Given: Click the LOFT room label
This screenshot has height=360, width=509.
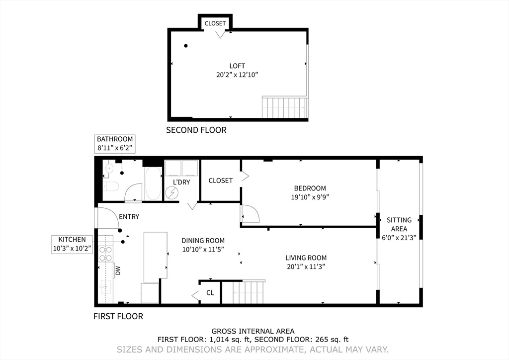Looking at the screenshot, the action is click(237, 66).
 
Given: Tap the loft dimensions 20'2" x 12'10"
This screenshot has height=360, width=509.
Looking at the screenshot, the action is click(237, 75).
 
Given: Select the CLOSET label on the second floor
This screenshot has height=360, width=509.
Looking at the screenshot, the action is click(215, 23).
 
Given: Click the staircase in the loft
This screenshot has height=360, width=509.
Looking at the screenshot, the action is click(284, 107).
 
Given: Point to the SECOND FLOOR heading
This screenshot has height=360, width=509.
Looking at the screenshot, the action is click(196, 130).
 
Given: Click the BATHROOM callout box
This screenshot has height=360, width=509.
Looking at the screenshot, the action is click(115, 144).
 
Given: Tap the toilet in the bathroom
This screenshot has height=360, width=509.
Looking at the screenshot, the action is click(111, 186).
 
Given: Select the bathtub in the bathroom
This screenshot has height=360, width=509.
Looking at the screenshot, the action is click(153, 184).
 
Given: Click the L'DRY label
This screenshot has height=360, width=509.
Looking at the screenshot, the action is click(181, 182).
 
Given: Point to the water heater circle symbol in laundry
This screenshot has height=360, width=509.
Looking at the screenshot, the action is click(171, 193).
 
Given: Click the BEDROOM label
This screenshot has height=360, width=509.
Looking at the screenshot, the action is click(310, 188).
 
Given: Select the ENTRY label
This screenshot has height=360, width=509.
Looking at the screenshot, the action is click(129, 216).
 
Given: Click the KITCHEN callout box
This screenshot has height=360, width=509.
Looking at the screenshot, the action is click(72, 245).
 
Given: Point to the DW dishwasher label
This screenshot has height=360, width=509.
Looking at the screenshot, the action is click(118, 270).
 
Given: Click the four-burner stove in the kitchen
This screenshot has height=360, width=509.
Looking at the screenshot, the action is click(105, 254).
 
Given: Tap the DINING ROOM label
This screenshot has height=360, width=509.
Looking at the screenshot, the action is click(203, 241).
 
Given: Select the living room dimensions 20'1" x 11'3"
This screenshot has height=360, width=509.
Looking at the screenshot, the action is click(306, 267).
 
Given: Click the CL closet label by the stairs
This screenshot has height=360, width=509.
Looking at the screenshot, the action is click(210, 293).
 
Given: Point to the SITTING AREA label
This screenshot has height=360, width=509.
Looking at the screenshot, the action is click(399, 224).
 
